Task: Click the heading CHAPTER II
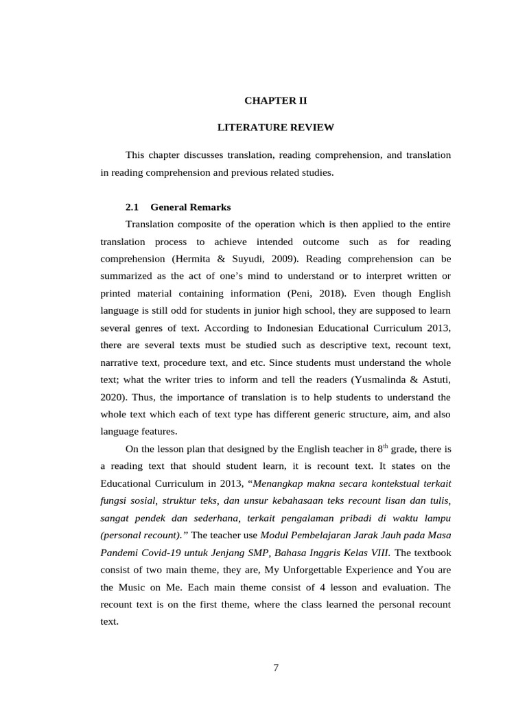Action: pos(276,101)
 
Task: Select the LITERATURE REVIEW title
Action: pos(276,128)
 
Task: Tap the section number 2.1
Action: pos(132,207)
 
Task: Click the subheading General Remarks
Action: pos(190,207)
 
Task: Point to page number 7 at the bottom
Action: pos(276,668)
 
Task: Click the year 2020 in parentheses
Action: pos(113,397)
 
